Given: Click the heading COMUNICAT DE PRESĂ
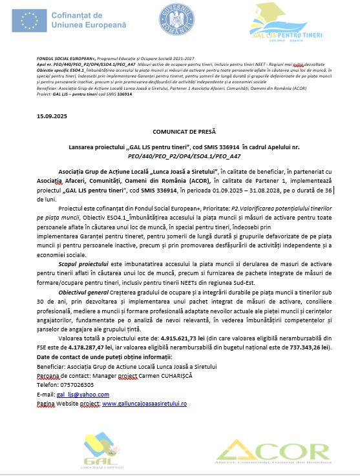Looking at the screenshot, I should pyautogui.click(x=180, y=130).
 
